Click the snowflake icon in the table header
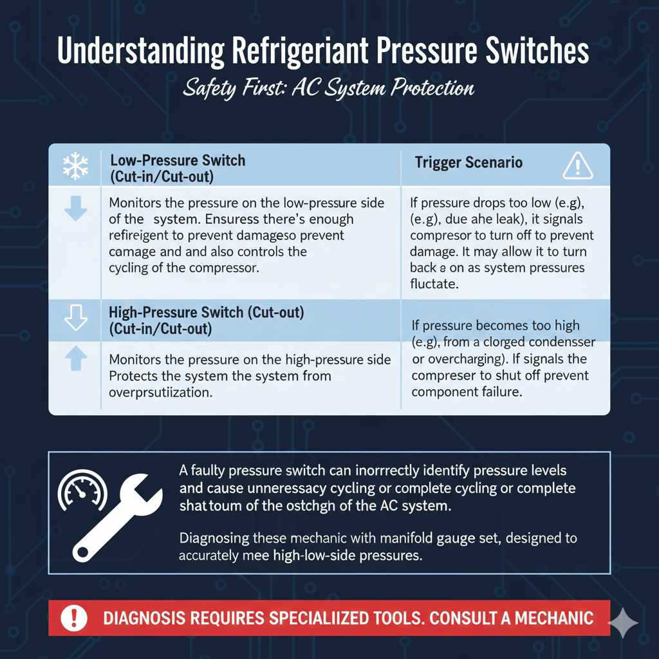tap(75, 166)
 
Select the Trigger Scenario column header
tap(469, 162)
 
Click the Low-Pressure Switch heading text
tap(178, 160)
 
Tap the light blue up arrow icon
tap(75, 360)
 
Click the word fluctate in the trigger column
tap(434, 283)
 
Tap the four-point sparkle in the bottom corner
tap(624, 623)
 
